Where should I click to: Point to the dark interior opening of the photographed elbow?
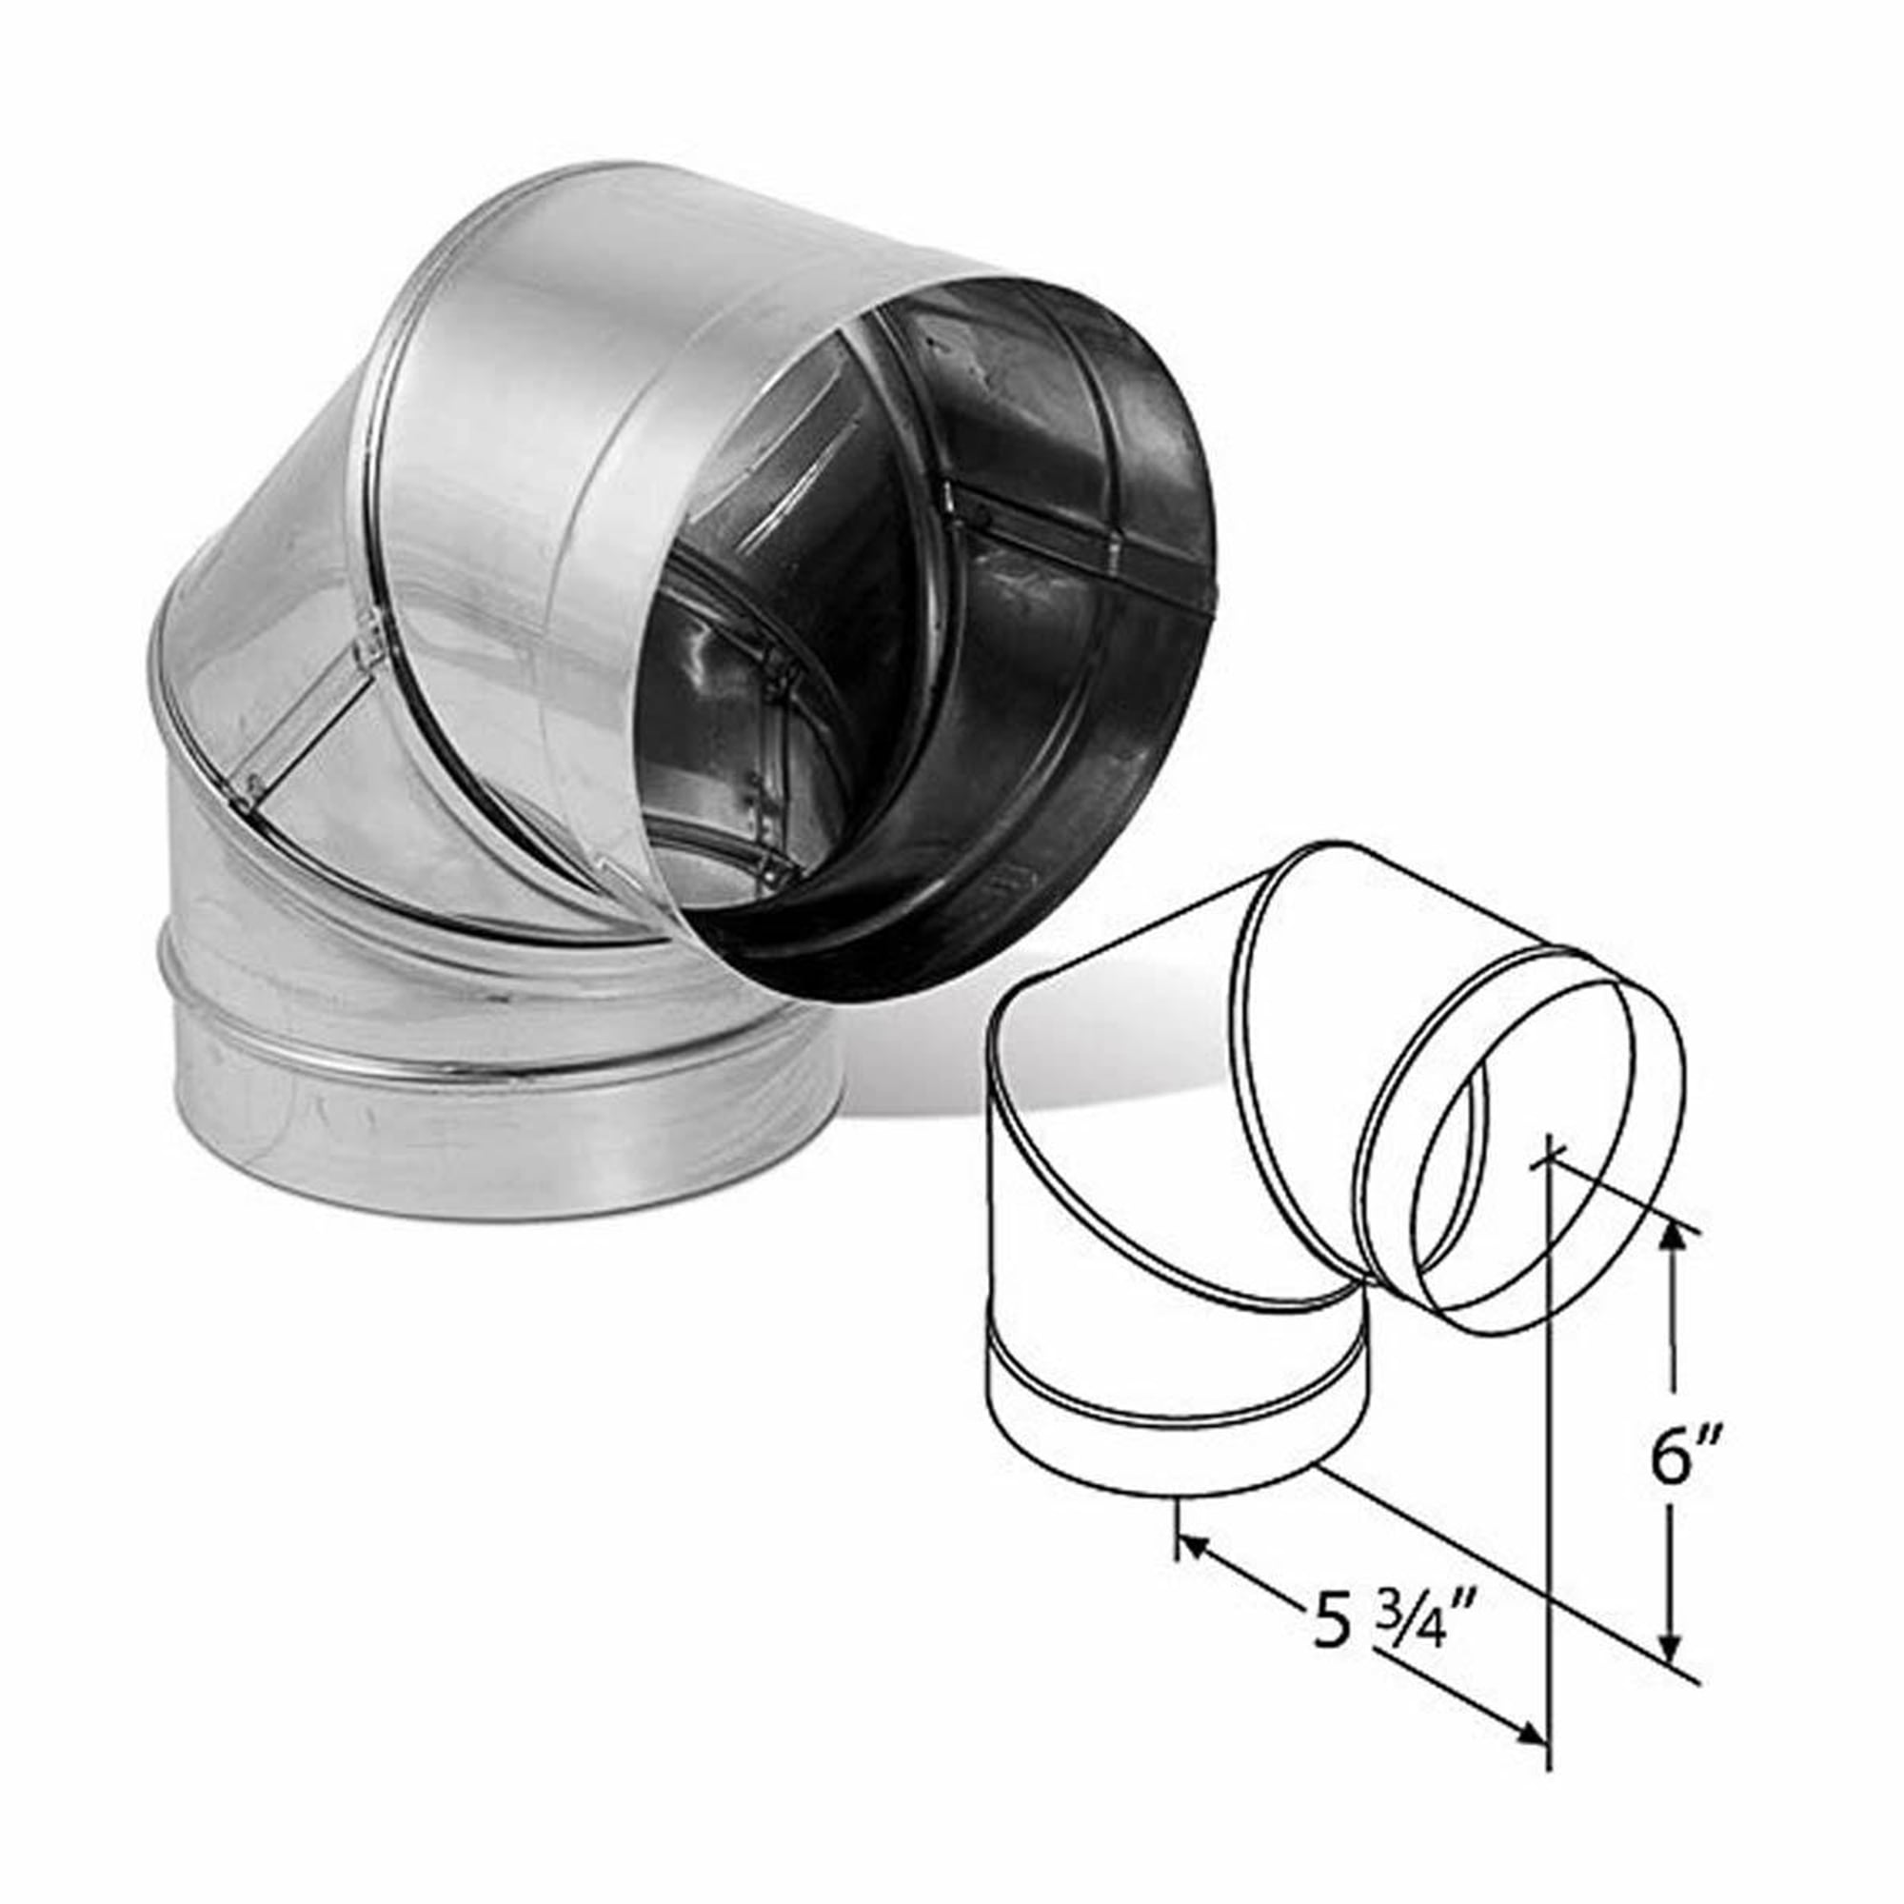[946, 631]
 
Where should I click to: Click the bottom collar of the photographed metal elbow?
[493, 1143]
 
